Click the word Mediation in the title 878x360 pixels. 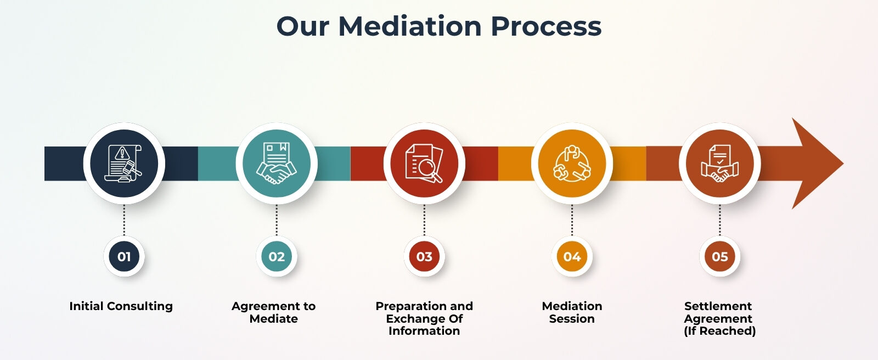point(410,26)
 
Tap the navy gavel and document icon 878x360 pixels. point(124,163)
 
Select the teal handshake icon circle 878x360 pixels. point(277,163)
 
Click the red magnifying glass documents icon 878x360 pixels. point(424,163)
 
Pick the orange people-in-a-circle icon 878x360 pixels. point(572,163)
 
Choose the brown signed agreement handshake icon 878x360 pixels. point(719,163)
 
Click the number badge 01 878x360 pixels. point(124,256)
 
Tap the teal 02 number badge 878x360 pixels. point(277,256)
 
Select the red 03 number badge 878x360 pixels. point(424,256)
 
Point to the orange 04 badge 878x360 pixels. point(572,256)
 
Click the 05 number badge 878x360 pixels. point(719,256)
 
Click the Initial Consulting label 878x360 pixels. point(121,306)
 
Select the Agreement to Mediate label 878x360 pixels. point(273,312)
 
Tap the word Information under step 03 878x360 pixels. point(424,331)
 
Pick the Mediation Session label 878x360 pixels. point(572,312)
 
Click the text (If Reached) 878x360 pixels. point(719,331)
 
